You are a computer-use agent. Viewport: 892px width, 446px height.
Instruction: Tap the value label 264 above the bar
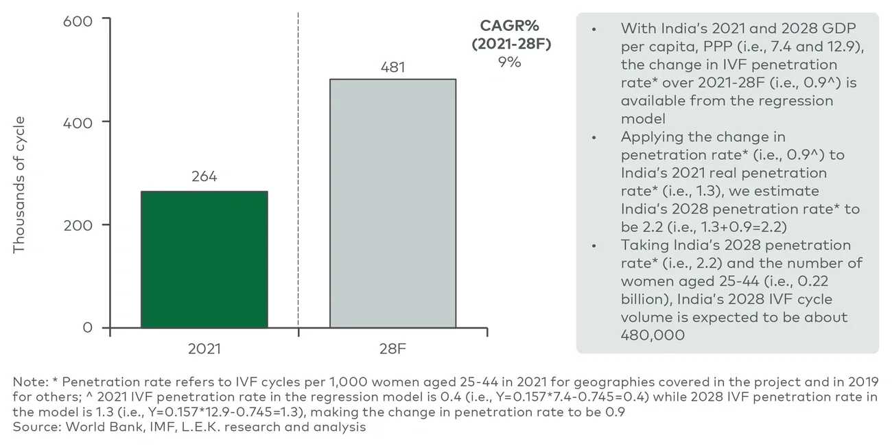pos(204,177)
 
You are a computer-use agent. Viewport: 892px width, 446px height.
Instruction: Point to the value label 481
pos(392,67)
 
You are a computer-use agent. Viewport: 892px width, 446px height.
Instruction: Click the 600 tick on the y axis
pos(78,21)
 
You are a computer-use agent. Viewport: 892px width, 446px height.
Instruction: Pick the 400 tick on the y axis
pos(78,123)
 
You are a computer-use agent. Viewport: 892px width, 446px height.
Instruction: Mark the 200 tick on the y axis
pos(78,225)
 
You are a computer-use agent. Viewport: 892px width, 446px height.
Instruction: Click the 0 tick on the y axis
pos(87,327)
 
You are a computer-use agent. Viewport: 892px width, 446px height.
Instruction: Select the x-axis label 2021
pos(204,349)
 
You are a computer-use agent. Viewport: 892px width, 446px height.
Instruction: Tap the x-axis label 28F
pos(392,349)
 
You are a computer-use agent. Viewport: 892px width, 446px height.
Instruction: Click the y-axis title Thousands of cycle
pos(19,185)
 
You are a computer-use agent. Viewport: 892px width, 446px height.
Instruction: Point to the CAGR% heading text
pos(510,26)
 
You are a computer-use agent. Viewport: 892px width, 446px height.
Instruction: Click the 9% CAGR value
pos(510,62)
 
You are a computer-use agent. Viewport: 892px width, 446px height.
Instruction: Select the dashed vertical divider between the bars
pos(298,172)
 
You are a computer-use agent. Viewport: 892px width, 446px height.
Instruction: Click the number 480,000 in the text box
pos(653,336)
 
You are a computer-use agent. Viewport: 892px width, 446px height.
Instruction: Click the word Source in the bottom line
pos(35,427)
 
